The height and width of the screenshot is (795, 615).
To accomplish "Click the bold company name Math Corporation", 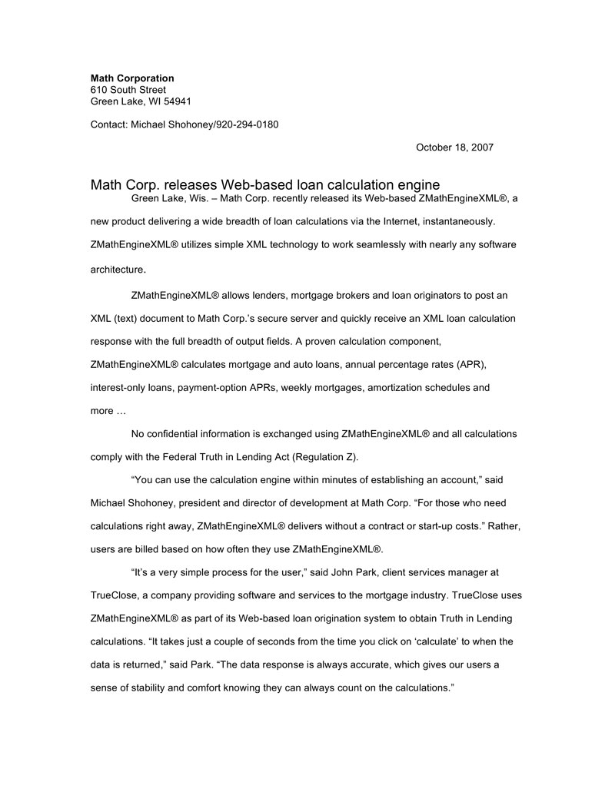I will click(132, 78).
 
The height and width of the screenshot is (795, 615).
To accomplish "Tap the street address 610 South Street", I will click(128, 90).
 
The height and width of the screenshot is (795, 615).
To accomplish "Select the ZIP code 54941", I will click(175, 101).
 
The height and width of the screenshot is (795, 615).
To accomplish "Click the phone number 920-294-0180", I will click(245, 124).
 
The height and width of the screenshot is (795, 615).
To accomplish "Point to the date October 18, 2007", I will click(454, 147).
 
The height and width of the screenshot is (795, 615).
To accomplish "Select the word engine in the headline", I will click(417, 185).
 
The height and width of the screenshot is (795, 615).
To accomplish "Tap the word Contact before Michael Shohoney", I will click(108, 124).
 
